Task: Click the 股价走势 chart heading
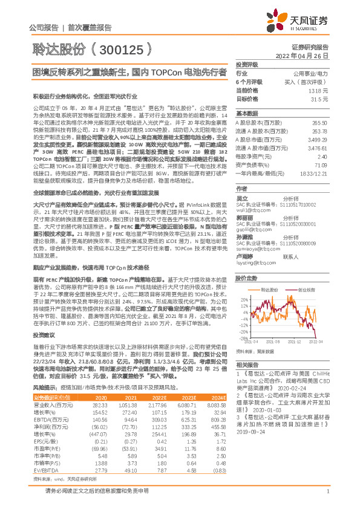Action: [x=246, y=262]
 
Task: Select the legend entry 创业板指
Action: [x=307, y=273]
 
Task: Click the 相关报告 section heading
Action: [x=246, y=365]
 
